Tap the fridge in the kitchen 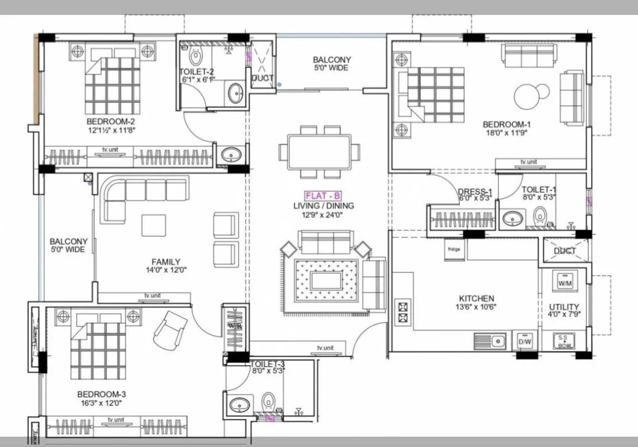coord(454,250)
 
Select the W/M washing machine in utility coord(563,281)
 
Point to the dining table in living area coord(320,151)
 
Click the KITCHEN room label coord(476,299)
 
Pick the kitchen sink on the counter coord(490,342)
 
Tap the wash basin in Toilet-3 coord(239,405)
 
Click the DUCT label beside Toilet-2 coord(262,78)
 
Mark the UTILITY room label coord(564,307)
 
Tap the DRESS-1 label coord(475,192)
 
